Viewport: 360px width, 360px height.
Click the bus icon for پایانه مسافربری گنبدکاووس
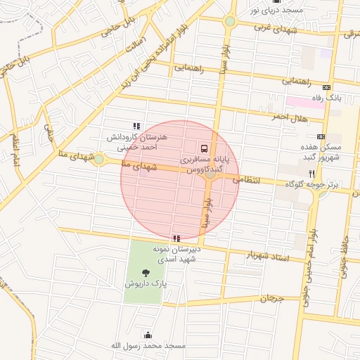[x=203, y=148]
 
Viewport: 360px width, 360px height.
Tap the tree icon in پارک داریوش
[x=146, y=272]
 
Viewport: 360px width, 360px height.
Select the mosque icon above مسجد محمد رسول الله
[x=148, y=335]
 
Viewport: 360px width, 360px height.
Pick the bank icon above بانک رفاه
[x=321, y=87]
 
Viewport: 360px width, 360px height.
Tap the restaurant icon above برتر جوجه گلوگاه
[x=311, y=172]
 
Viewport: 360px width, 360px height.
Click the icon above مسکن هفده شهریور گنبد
[x=321, y=136]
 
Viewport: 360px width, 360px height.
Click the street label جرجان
[x=272, y=299]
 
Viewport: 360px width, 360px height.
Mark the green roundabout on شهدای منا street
[x=99, y=160]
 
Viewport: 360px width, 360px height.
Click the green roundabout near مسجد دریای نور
[x=230, y=21]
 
